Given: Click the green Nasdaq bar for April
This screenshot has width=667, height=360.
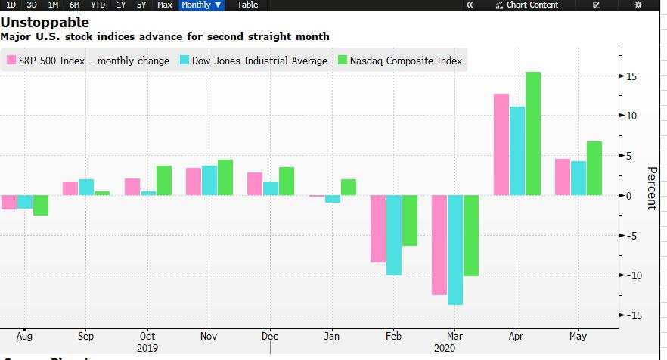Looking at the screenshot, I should click(532, 134).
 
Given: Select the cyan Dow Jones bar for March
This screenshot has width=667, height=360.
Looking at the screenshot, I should click(455, 250).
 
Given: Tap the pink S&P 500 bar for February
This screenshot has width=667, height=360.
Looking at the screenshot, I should click(377, 228).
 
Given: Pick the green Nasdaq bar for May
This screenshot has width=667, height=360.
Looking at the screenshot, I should click(594, 168).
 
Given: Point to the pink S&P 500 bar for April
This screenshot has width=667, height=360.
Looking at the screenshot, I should click(501, 144).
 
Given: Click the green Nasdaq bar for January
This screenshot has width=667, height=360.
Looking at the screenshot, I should click(348, 187).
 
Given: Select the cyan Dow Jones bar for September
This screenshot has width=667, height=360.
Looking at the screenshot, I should click(86, 187).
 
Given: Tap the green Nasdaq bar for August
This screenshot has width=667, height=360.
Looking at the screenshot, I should click(40, 205).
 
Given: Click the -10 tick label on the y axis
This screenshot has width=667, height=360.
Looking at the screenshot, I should click(630, 275).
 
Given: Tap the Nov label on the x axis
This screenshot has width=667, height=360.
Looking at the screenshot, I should click(209, 336).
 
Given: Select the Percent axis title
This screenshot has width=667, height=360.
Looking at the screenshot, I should click(651, 188).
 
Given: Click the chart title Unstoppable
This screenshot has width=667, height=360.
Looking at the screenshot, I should click(45, 23).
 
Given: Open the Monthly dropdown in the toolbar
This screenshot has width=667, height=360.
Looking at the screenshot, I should click(201, 5).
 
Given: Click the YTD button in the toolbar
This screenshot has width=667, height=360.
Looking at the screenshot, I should click(98, 5).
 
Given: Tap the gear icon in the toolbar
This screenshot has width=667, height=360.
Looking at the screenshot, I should click(638, 5).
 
